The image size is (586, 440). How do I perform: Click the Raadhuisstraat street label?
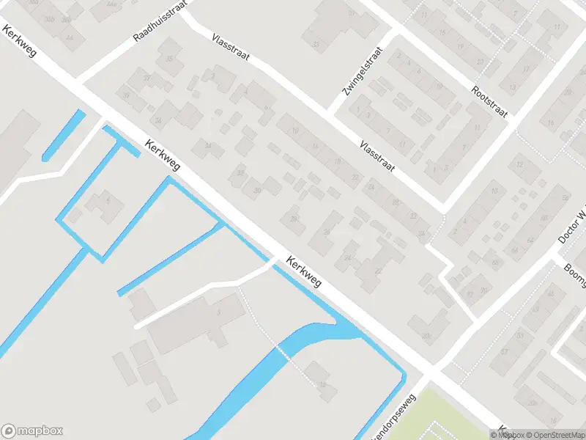(x=160, y=21)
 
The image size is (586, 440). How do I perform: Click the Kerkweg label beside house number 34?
(x=163, y=156)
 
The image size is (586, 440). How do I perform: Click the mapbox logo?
(x=32, y=431)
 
